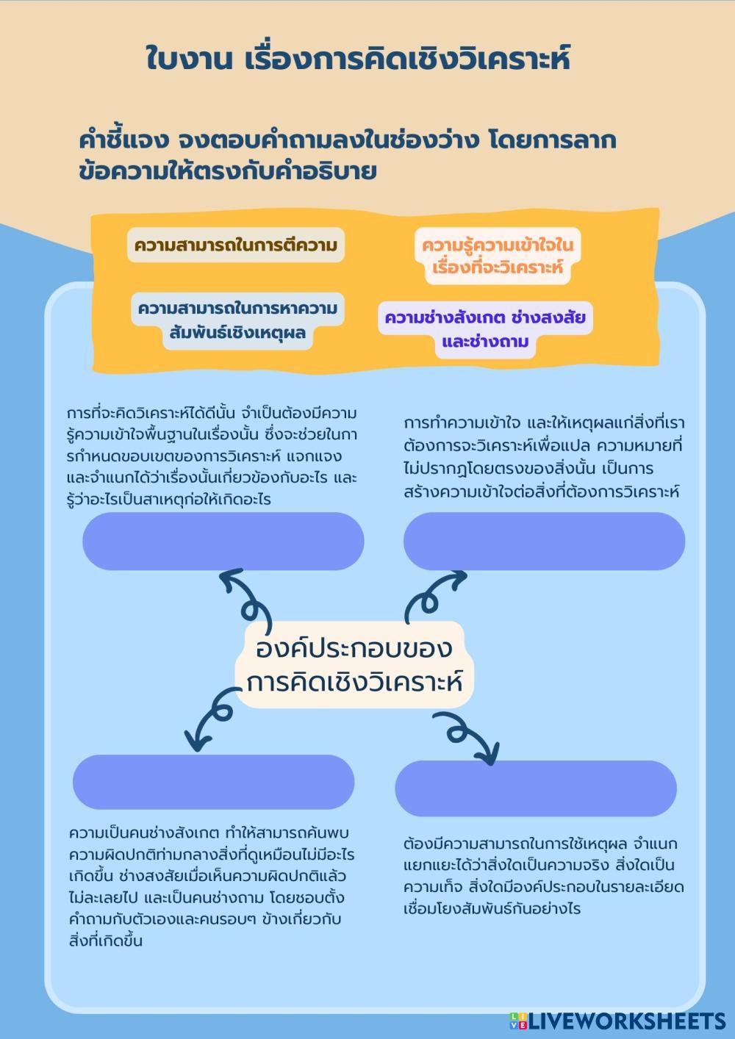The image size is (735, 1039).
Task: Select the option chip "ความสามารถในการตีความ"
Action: point(236,245)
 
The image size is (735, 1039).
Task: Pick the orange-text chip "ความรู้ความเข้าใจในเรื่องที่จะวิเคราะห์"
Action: point(497,256)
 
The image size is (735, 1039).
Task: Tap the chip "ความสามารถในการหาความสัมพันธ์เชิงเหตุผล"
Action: point(237,320)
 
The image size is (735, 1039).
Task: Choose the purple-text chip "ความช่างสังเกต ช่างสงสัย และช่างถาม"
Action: point(485,330)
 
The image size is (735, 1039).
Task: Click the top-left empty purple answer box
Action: point(223,542)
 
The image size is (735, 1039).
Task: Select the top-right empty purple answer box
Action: point(544,542)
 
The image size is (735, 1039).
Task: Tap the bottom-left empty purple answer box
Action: point(213,782)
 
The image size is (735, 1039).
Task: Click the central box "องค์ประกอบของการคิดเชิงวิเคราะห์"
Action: point(354,665)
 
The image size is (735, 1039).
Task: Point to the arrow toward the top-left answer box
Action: point(246,595)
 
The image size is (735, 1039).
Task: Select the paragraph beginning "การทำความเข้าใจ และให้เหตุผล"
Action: point(544,457)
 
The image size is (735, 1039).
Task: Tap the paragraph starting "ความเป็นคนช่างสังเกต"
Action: point(212,887)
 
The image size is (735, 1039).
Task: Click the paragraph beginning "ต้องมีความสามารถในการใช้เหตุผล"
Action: point(542,876)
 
